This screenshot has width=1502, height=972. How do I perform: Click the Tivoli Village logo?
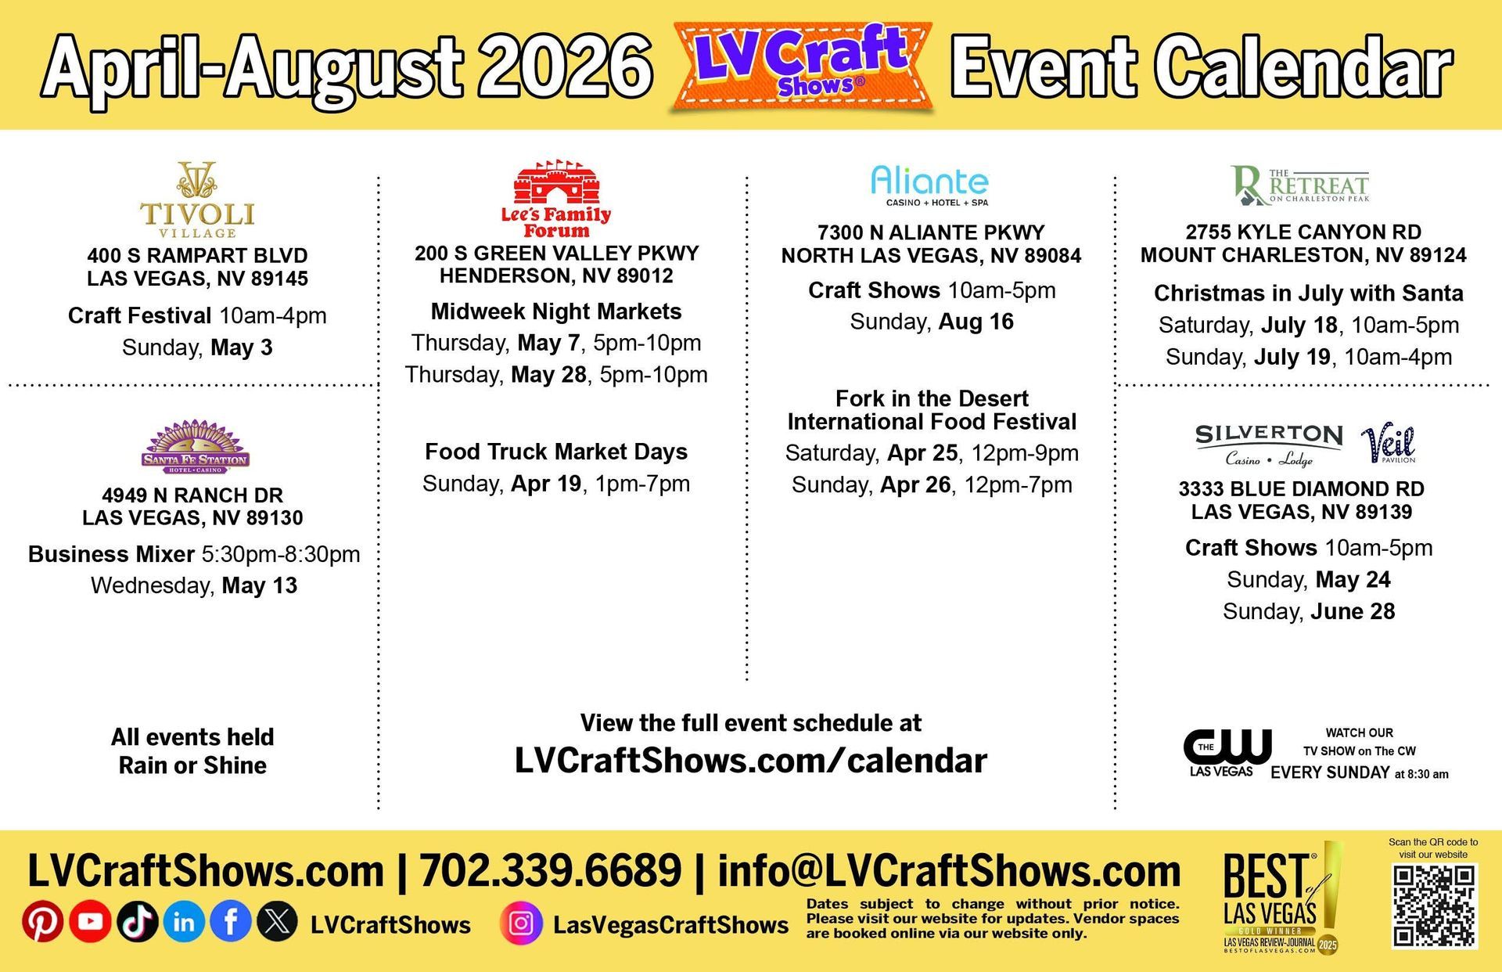tap(197, 200)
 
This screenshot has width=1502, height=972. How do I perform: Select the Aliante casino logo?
tap(930, 185)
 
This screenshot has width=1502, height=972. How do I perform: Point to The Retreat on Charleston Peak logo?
tap(1300, 185)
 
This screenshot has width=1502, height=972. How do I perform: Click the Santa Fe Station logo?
tap(195, 447)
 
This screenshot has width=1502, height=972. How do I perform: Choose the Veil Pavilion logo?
tap(1389, 445)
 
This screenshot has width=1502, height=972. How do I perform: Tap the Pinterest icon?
tap(42, 921)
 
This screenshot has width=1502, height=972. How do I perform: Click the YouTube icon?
tap(90, 921)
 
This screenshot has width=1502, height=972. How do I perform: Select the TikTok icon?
tap(137, 921)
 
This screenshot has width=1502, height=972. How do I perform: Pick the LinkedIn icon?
tap(184, 921)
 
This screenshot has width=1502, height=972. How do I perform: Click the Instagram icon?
tap(521, 923)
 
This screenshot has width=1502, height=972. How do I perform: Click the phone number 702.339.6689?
tap(551, 870)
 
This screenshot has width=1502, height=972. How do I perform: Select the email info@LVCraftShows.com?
tap(949, 870)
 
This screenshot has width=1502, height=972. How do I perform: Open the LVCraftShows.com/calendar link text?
tap(751, 760)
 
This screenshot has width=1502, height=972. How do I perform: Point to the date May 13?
tap(260, 585)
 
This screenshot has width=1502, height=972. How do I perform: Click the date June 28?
tap(1353, 611)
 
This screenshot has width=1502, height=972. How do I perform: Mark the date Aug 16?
tap(976, 322)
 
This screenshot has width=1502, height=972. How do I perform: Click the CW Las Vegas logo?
tap(1226, 753)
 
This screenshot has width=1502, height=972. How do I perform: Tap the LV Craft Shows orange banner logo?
tap(802, 67)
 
